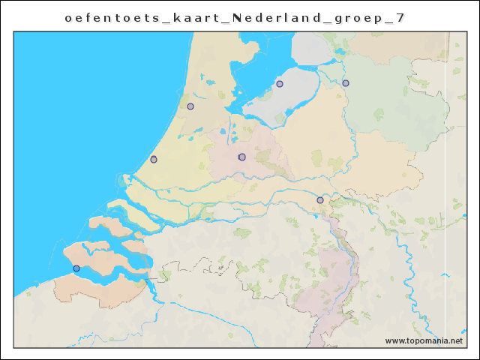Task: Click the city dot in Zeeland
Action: [x=76, y=268]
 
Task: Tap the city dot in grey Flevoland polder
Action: [x=280, y=84]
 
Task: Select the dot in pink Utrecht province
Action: [x=241, y=157]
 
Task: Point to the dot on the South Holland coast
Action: [x=154, y=159]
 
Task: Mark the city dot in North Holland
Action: [x=190, y=106]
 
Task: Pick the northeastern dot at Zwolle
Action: [x=346, y=83]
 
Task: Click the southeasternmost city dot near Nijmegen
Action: [x=320, y=200]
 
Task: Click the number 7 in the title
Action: [x=401, y=17]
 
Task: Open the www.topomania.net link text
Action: [x=424, y=340]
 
